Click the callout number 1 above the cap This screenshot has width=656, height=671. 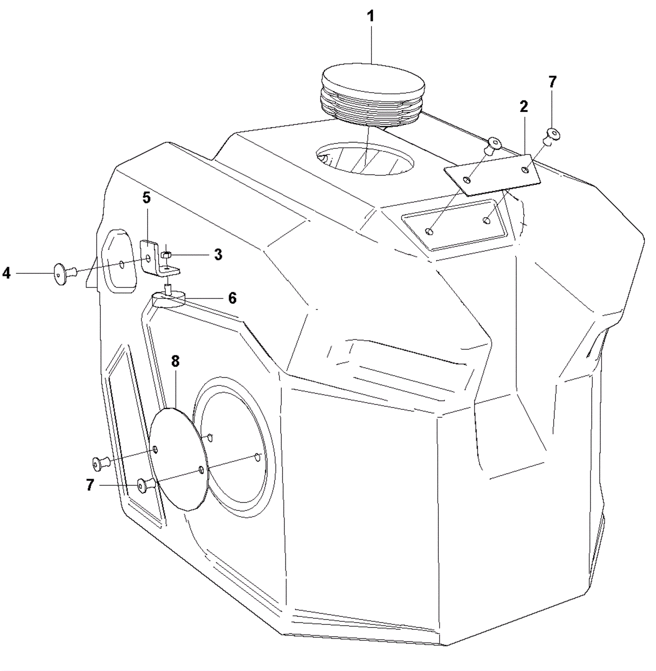tap(371, 16)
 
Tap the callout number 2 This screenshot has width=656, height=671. tap(524, 107)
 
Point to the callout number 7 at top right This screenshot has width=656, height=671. tap(552, 82)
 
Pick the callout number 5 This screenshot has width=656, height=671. tap(146, 198)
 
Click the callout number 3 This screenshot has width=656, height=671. tap(218, 254)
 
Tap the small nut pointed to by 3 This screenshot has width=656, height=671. tap(166, 254)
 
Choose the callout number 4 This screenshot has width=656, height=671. tap(6, 273)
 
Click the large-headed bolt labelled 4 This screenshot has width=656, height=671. tap(65, 274)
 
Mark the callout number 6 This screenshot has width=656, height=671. tap(232, 298)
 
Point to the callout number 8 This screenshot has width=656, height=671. tap(175, 361)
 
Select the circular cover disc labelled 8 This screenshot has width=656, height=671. tap(180, 459)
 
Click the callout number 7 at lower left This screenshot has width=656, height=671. tap(90, 485)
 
